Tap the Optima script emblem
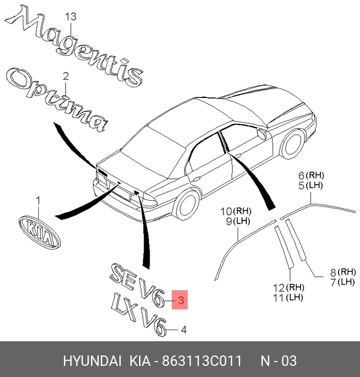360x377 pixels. point(57,100)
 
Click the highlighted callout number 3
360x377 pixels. point(181,300)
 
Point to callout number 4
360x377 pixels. point(183,330)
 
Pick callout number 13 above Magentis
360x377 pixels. point(71,17)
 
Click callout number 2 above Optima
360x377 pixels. point(66,76)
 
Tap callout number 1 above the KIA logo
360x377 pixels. point(38,201)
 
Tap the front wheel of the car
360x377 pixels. point(292,144)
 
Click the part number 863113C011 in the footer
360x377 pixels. point(202,361)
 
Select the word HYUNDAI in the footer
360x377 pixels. point(92,361)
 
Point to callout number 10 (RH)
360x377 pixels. point(236,211)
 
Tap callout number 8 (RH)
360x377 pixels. point(343,272)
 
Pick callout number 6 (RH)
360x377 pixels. point(311,176)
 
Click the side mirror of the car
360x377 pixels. point(262,134)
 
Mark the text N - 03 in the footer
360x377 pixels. point(279,361)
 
